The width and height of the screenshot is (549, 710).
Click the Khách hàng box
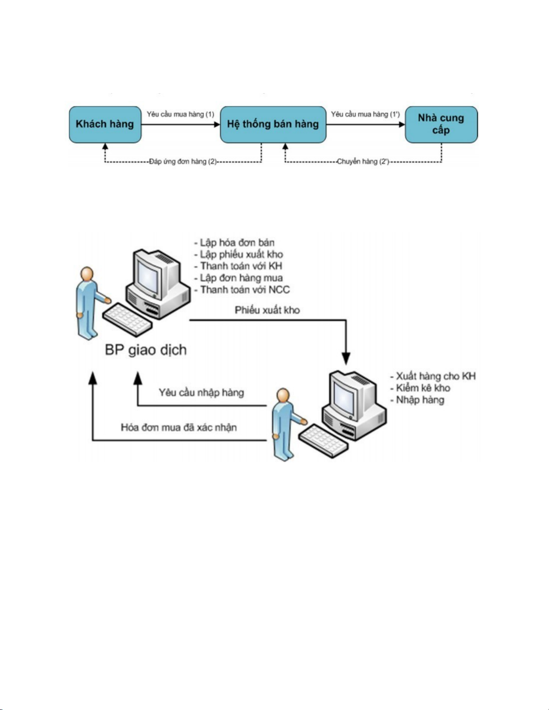pos(105,125)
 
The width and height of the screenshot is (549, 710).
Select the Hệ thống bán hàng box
pos(273,125)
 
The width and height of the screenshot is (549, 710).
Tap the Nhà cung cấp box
pos(441,125)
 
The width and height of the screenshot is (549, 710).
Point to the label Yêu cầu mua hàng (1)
pos(180,114)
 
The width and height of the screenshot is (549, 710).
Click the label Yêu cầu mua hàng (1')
pos(365,114)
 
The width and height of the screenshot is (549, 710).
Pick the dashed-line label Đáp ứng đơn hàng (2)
pos(183,162)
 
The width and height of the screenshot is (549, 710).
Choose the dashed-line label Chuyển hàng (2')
pos(363,162)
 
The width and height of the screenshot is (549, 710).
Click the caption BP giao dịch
pos(146,350)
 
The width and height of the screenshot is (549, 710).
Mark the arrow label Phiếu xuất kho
pos(267,310)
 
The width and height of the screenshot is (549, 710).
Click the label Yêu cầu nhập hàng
pos(201,393)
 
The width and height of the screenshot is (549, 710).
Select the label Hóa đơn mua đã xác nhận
pos(179,427)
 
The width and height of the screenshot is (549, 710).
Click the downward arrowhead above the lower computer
pos(346,358)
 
